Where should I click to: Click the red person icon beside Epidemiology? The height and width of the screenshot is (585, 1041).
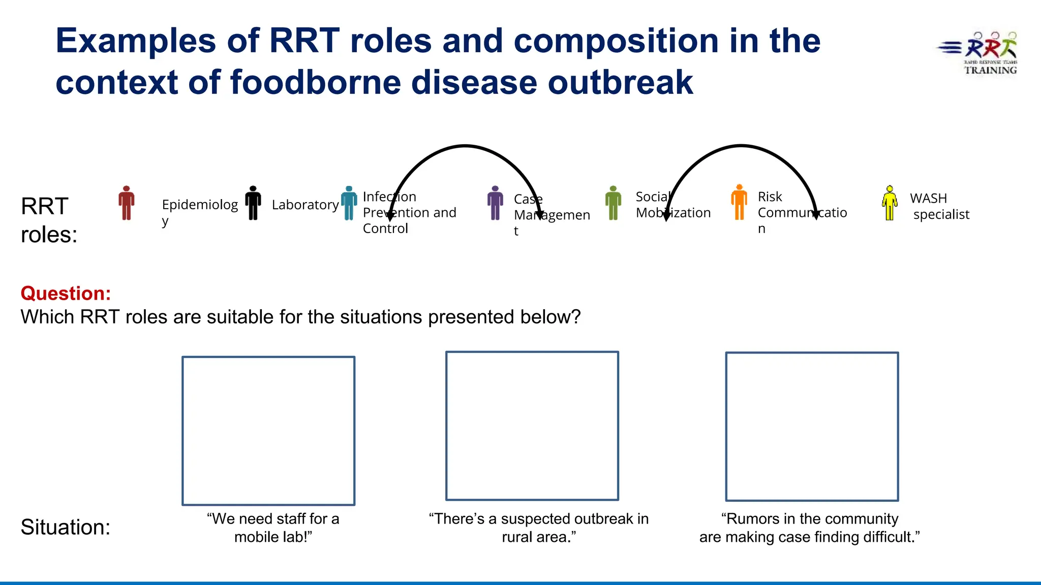pos(127,203)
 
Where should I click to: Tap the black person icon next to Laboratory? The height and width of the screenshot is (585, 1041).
pos(253,203)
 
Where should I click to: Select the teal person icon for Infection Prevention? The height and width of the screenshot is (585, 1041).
pos(349,203)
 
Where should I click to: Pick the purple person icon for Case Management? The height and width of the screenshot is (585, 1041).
pos(495,203)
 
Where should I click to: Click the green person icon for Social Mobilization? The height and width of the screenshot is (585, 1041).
pos(613,203)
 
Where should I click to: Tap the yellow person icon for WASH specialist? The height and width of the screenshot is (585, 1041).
pos(890,203)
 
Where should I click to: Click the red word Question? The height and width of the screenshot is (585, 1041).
pos(66,294)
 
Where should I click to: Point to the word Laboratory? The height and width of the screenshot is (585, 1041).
pos(305,205)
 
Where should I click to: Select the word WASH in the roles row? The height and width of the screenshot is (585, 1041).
pos(928,198)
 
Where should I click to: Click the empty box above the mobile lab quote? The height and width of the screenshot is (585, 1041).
pos(268,431)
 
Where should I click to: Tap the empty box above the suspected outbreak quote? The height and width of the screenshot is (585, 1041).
pos(532,426)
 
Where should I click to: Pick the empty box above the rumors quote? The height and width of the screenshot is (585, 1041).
pos(812,427)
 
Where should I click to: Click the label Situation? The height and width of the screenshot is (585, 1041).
pos(65,527)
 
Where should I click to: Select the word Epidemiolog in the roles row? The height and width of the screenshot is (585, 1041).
pos(200,205)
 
